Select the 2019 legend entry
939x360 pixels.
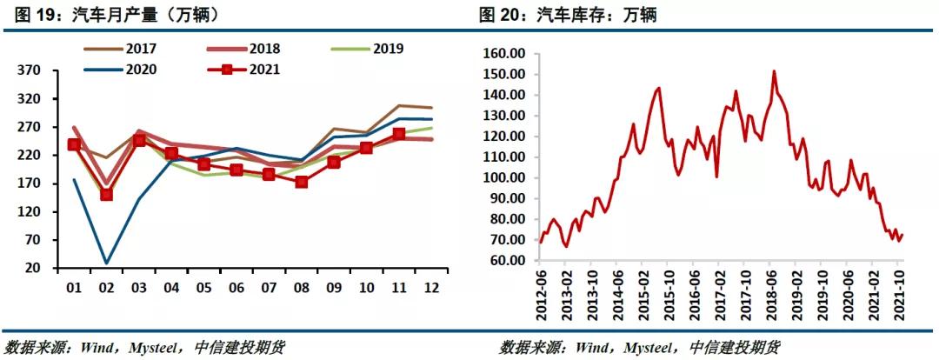point(388,49)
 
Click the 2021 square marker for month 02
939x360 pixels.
point(106,194)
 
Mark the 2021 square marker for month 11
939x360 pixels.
point(399,134)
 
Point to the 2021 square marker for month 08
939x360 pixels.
point(302,182)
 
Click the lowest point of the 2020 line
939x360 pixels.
point(106,263)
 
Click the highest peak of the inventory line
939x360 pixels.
point(774,71)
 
